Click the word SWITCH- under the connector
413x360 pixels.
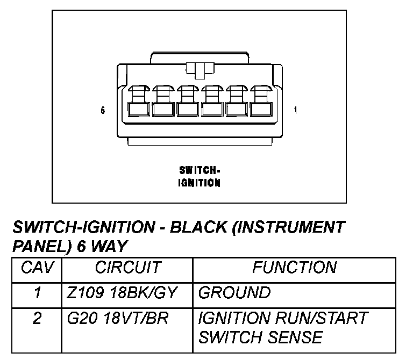[199, 170]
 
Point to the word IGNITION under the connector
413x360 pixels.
[199, 183]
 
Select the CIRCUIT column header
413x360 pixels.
[127, 267]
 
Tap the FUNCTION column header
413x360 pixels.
[294, 267]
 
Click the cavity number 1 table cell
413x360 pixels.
[37, 293]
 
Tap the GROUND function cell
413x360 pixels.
[234, 293]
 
